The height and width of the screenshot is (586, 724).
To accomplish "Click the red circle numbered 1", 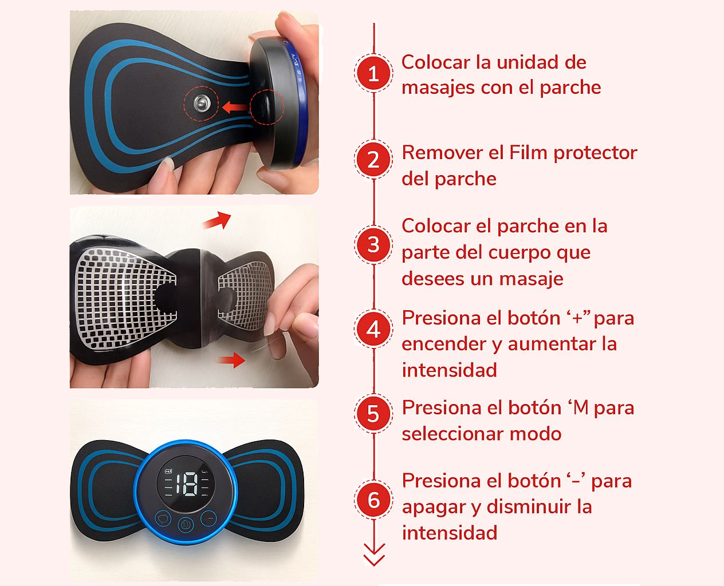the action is (373, 73).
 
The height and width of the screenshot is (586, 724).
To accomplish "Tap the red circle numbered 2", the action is (373, 160).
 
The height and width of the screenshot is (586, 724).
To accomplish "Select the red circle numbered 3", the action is (373, 245).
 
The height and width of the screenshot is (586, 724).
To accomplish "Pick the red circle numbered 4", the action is (373, 329).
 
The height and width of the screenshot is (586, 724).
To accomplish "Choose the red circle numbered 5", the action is (373, 414).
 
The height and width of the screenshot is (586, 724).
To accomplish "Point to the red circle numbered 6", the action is (373, 500).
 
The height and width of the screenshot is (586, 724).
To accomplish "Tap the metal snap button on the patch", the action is (201, 103).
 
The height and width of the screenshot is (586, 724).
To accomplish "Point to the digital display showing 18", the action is (186, 484).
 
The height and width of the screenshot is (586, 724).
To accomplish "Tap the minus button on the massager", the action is (208, 519).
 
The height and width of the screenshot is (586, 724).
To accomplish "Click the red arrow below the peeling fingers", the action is (232, 359).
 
